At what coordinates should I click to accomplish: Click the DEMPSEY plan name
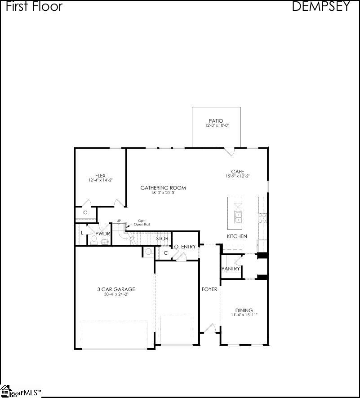320,6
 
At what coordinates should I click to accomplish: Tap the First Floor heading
34,6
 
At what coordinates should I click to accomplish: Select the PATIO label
216,121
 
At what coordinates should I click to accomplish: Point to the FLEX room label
100,175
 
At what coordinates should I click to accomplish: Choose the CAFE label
237,172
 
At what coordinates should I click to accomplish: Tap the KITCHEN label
237,236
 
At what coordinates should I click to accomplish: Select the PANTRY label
231,269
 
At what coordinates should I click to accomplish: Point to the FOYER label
209,289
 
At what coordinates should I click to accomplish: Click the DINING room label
244,310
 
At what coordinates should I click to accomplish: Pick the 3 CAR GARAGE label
116,289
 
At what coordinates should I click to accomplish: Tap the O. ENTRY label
185,247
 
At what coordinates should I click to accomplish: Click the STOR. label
162,239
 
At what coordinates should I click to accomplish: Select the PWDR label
102,234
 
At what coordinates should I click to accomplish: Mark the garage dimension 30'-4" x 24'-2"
116,295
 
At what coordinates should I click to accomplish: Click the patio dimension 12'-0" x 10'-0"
216,125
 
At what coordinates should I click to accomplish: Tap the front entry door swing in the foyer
210,329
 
